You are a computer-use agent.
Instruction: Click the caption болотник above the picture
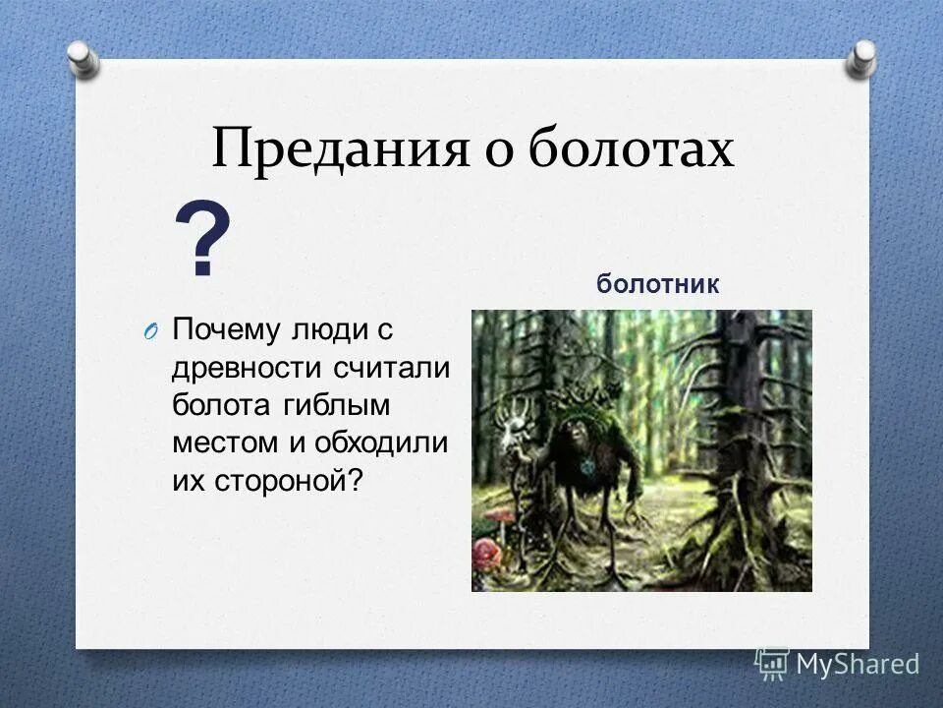657,285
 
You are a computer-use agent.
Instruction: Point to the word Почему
227,329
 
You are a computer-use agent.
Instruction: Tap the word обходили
381,442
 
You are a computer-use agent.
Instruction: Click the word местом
227,442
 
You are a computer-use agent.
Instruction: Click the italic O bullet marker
148,331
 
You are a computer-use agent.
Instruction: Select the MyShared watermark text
857,664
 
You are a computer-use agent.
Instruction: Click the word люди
326,329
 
